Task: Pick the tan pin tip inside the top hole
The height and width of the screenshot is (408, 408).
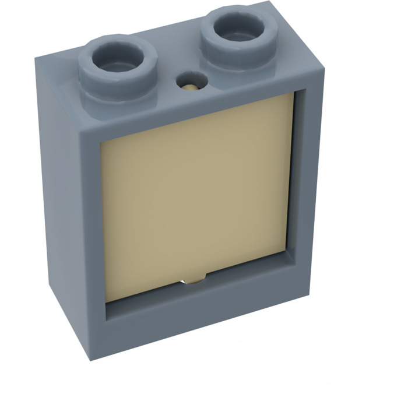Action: click(192, 87)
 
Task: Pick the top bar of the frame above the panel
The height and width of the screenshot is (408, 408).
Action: click(192, 108)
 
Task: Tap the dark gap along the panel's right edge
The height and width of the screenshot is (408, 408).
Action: click(291, 175)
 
